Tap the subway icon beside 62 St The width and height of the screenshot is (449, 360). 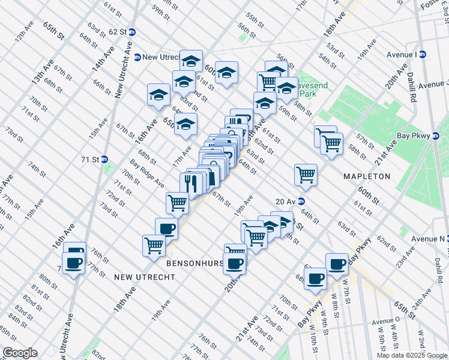pos(132,32)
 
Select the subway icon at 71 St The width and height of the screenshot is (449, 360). pos(104,160)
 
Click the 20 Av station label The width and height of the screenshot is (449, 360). pos(286,201)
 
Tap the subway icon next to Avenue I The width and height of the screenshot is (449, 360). pos(422,55)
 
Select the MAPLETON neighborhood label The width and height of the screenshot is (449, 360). pos(366,176)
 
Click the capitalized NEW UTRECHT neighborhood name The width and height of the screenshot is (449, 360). pos(144,277)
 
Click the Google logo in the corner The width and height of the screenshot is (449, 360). pos(20,353)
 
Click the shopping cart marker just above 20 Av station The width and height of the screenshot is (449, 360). pos(306,174)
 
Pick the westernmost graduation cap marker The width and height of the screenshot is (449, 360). pos(159,95)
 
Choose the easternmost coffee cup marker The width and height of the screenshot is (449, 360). pos(337,263)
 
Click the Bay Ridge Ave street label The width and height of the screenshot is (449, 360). pos(147,173)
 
